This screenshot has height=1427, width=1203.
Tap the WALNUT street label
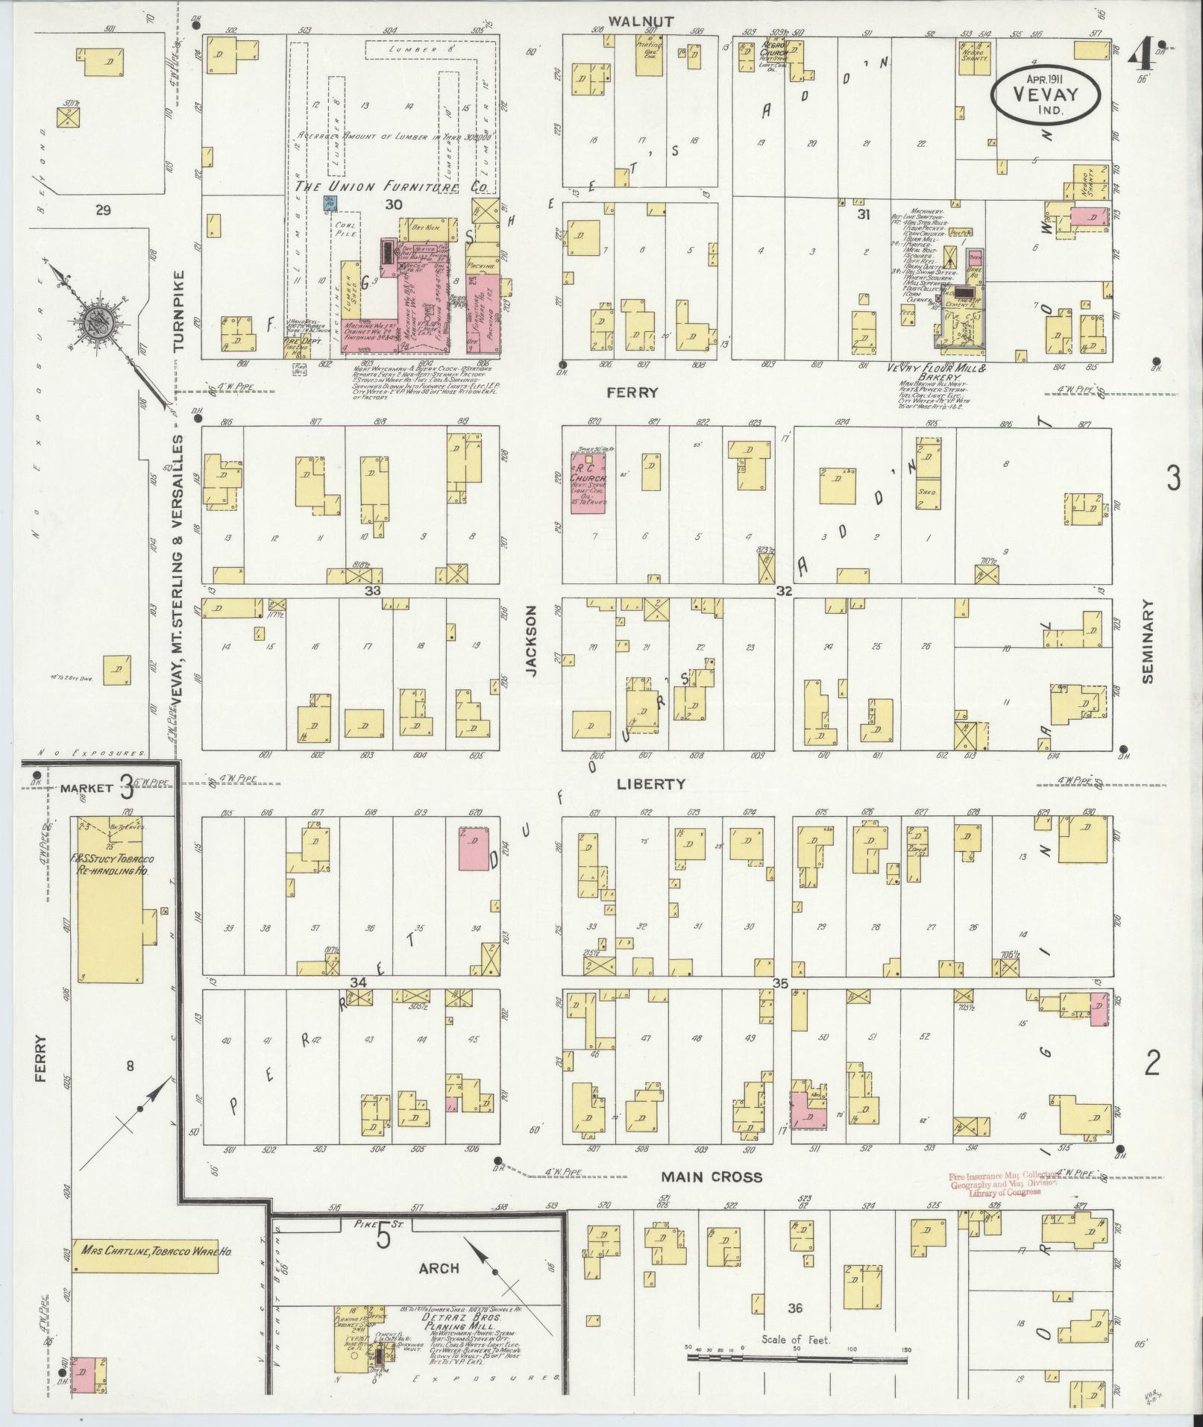[641, 21]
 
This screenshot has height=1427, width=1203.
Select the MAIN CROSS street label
[712, 1176]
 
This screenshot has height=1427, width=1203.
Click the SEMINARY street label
[1147, 642]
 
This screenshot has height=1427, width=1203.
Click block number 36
[794, 1308]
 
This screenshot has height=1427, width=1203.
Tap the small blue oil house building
[329, 201]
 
